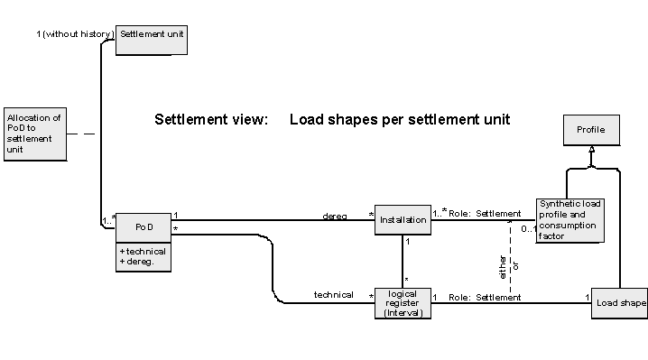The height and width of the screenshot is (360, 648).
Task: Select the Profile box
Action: pyautogui.click(x=591, y=130)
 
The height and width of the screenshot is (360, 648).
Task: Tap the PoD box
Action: pyautogui.click(x=143, y=226)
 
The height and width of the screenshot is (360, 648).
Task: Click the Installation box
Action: pyautogui.click(x=402, y=220)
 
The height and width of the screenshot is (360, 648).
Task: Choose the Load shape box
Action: pyautogui.click(x=620, y=303)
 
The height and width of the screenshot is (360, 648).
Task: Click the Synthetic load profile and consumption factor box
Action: pyautogui.click(x=569, y=221)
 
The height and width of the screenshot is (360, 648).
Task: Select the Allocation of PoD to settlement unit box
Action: pyautogui.click(x=34, y=134)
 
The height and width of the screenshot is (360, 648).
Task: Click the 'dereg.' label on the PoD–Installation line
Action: pyautogui.click(x=336, y=216)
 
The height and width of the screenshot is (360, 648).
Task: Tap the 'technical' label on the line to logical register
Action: pyautogui.click(x=333, y=295)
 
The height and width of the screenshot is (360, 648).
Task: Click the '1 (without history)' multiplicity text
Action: pyautogui.click(x=74, y=33)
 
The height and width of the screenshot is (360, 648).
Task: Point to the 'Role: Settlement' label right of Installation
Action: pyautogui.click(x=485, y=214)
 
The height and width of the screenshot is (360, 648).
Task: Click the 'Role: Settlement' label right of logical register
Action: pyautogui.click(x=485, y=297)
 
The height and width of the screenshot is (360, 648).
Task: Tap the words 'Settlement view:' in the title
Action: pyautogui.click(x=211, y=119)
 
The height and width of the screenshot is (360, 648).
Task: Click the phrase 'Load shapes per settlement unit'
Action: pyautogui.click(x=400, y=119)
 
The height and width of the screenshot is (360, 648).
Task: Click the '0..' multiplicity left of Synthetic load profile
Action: pyautogui.click(x=526, y=228)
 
